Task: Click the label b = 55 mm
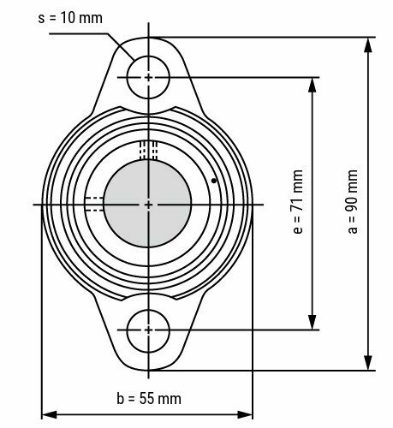[146, 399]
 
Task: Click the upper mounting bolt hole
[148, 77]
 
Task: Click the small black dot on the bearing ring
[213, 181]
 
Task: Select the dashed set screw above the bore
[149, 150]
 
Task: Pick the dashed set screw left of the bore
[93, 204]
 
